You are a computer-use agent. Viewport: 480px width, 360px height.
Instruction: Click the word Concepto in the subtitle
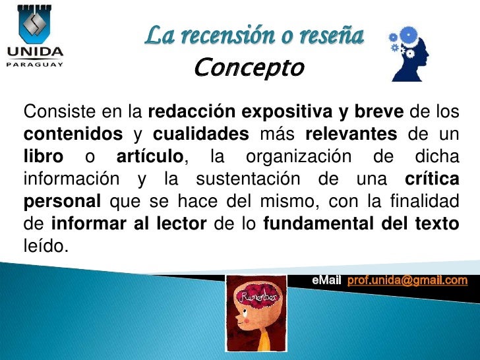click(249, 67)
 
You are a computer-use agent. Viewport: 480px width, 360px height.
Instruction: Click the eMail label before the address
click(326, 280)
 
